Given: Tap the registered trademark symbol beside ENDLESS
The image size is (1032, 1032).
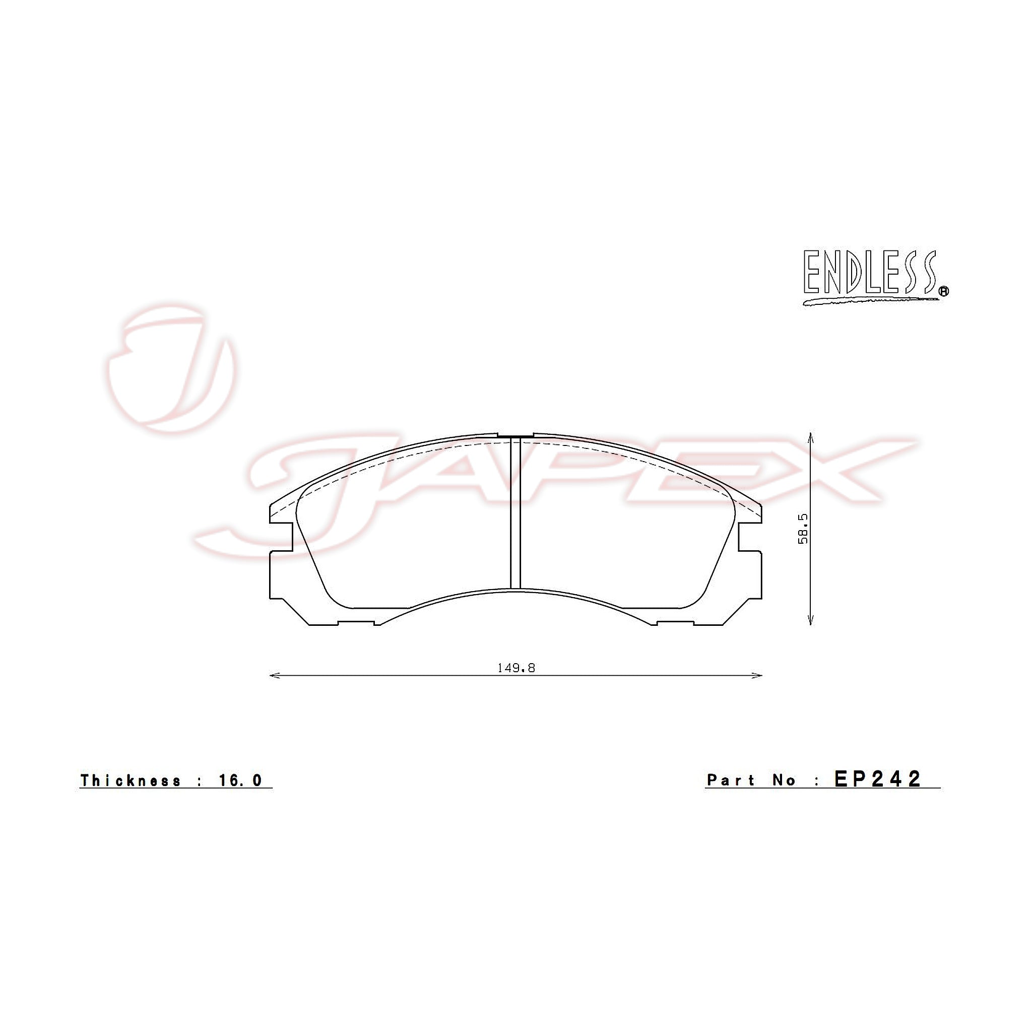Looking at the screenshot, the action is [x=944, y=291].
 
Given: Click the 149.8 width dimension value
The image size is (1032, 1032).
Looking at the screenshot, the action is [x=516, y=668].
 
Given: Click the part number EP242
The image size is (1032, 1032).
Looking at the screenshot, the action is [x=878, y=779].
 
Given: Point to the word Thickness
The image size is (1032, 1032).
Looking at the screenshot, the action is [x=131, y=781].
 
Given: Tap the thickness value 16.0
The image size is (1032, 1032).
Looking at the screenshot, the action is [x=240, y=781].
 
